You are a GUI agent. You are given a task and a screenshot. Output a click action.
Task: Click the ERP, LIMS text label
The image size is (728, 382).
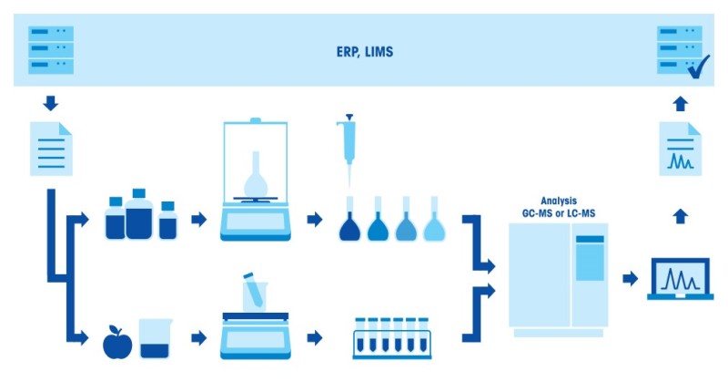click(363, 53)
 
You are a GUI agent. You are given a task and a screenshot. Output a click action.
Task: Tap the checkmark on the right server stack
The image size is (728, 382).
click(698, 67)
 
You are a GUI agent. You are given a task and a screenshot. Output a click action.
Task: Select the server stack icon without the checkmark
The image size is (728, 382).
click(50, 50)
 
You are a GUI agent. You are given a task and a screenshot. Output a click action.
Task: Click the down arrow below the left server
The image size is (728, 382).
click(50, 102)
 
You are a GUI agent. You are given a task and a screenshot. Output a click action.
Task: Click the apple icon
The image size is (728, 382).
click(116, 342)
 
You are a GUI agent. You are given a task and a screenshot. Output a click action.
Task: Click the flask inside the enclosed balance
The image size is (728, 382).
click(256, 175)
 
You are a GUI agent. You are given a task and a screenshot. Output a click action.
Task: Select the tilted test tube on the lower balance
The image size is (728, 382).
click(254, 292)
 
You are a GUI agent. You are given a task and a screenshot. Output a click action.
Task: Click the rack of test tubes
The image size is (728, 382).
click(391, 337)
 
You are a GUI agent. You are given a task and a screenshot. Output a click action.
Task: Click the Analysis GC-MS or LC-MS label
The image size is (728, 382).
click(559, 206)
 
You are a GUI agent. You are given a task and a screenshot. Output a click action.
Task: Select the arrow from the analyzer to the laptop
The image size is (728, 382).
click(629, 278)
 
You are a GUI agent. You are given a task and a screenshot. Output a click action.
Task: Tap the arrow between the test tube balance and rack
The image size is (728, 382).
click(315, 338)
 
